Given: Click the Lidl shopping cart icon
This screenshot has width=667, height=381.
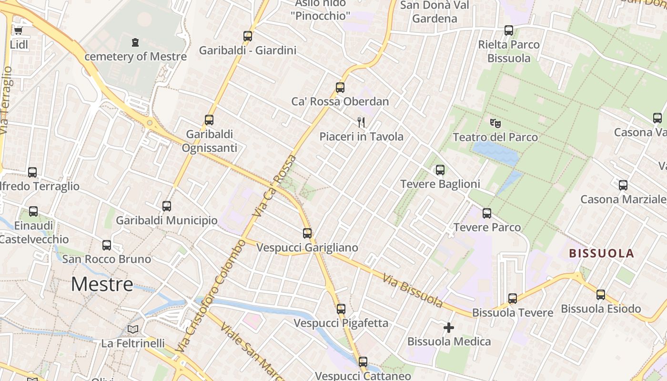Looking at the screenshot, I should click(x=18, y=31).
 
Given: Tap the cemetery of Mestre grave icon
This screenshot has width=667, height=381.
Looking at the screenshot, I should click(x=135, y=42).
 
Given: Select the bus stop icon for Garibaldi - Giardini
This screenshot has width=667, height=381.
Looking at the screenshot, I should click(x=247, y=36).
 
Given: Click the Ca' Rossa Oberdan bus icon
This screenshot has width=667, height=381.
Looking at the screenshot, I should click(x=340, y=88).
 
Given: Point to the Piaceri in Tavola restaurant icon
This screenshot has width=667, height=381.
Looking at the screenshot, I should click(x=361, y=122).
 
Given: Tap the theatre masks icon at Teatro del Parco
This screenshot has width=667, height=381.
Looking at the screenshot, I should click(x=495, y=123).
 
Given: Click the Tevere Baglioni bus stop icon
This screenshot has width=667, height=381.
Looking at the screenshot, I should click(x=440, y=170).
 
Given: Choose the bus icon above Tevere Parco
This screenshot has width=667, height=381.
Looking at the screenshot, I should click(x=486, y=213).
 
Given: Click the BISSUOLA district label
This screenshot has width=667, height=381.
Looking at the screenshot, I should click(x=602, y=253).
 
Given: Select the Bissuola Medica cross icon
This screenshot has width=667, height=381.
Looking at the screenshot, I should click(x=448, y=328).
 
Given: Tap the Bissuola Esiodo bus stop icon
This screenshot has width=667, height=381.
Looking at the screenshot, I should click(x=600, y=295).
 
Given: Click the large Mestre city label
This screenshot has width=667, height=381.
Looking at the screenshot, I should click(x=102, y=284).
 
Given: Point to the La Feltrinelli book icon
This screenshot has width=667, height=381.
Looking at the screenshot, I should click(x=133, y=329).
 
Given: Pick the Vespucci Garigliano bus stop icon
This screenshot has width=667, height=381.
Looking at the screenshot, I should click(x=307, y=233).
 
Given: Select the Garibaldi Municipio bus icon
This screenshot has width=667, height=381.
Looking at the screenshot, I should click(x=166, y=206).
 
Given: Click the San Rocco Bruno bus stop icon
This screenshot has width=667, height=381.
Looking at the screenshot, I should click(x=107, y=245).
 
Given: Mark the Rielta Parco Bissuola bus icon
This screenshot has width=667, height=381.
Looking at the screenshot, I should click(x=508, y=30).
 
